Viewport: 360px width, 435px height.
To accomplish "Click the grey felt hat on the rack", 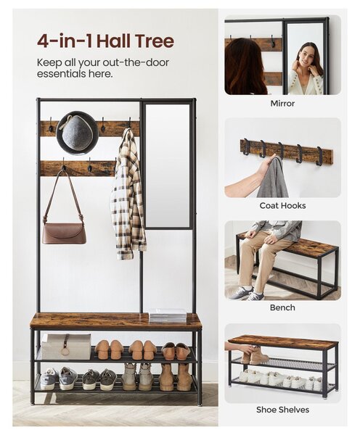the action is pos(77,133).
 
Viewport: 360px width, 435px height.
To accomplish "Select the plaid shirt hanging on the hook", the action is pos(128,194).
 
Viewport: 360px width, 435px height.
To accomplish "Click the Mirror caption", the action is pos(282,104).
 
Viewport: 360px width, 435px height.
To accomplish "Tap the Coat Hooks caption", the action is pos(282,206).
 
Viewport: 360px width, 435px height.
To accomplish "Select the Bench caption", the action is pos(282,307).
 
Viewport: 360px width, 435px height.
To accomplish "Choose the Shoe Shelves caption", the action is pos(282,410).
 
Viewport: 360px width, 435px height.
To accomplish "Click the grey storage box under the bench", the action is pos(66,347).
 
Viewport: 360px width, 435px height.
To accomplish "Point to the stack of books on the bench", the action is pos(168,315).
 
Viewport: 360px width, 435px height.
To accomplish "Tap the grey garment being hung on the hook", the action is pos(273,178).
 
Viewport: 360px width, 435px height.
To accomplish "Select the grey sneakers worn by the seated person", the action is pos(246,294).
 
